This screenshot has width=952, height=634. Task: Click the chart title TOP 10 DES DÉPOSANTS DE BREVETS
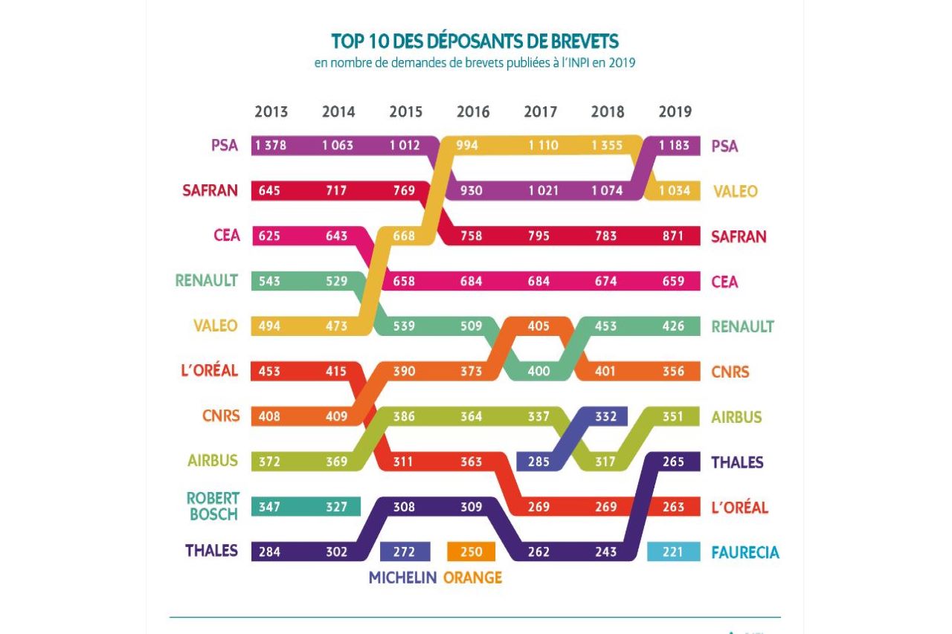click(x=475, y=41)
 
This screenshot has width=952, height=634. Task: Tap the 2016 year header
click(x=473, y=112)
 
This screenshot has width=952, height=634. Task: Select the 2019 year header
click(x=675, y=112)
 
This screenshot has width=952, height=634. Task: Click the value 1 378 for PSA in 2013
click(x=270, y=146)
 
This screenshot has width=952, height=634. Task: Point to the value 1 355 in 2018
click(x=608, y=146)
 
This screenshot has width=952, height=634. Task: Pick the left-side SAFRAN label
click(x=210, y=191)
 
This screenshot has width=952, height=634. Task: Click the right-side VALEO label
click(x=736, y=192)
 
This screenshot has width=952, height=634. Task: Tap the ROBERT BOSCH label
click(x=213, y=506)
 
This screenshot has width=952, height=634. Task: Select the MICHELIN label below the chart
click(x=402, y=578)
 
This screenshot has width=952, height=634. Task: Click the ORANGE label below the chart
click(x=472, y=578)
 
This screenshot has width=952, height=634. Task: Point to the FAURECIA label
click(x=745, y=553)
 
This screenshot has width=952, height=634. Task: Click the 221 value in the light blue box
click(x=673, y=552)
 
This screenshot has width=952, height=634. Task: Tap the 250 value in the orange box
click(x=471, y=552)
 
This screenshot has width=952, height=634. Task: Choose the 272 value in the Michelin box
click(x=404, y=552)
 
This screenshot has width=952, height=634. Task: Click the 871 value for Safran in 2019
click(x=673, y=236)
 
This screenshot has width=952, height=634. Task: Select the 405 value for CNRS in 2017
click(x=539, y=326)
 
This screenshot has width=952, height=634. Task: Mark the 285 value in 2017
click(x=538, y=462)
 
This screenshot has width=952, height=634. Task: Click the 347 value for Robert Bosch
click(x=269, y=507)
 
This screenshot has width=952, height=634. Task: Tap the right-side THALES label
click(x=737, y=462)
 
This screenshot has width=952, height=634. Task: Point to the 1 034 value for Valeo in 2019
click(x=673, y=191)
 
